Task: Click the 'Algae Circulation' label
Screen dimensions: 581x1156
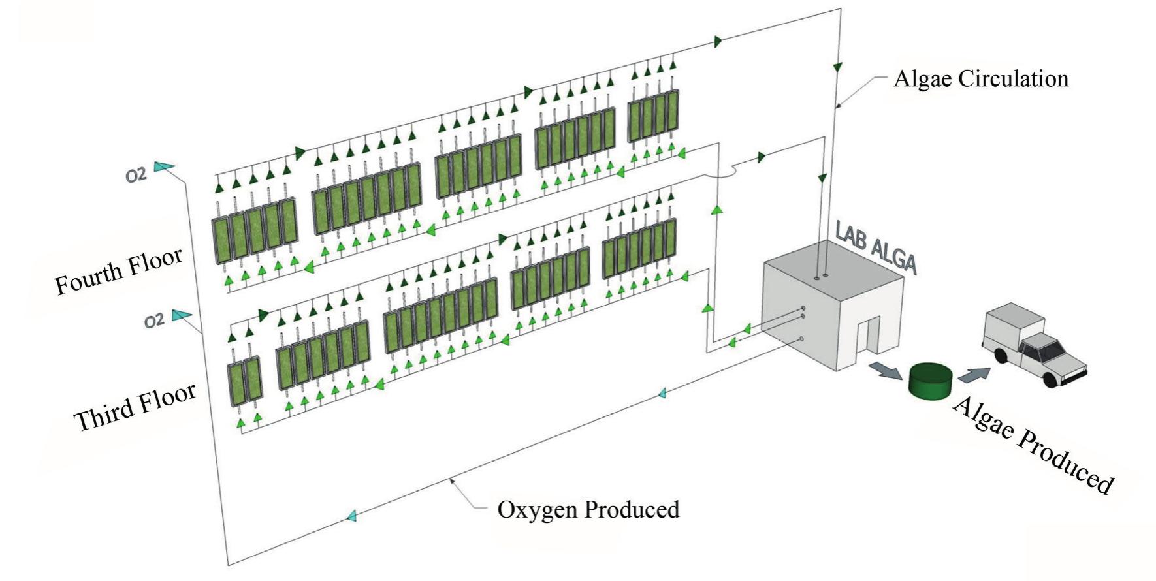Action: click(x=981, y=79)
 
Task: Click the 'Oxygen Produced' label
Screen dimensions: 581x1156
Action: click(x=588, y=509)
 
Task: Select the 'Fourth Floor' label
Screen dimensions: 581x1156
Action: click(x=118, y=272)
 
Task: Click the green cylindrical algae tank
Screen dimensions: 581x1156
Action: click(x=930, y=383)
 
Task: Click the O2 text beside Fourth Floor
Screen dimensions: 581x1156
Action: click(x=136, y=175)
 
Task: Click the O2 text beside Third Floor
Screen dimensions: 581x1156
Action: click(x=154, y=321)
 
